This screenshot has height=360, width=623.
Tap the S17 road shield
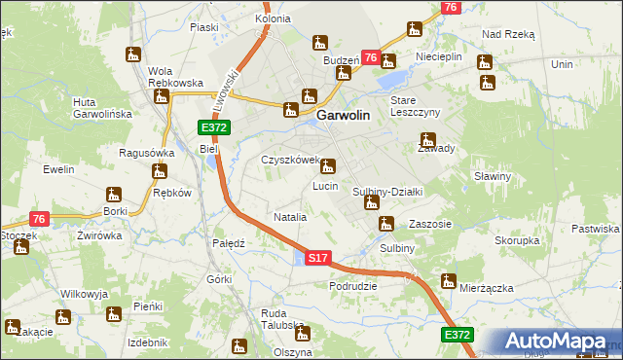[319, 259]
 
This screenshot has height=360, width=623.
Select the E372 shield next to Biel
[213, 128]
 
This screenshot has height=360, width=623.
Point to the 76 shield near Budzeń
[371, 58]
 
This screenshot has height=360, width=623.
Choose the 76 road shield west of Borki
[39, 220]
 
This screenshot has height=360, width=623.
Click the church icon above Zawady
[426, 140]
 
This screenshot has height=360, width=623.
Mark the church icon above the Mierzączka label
[448, 281]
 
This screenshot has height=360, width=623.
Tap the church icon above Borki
[115, 192]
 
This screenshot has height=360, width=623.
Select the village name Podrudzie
[353, 286]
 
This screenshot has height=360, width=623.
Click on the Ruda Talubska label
[285, 320]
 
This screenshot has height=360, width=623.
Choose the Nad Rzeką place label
[509, 33]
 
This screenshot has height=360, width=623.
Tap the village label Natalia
[291, 217]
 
